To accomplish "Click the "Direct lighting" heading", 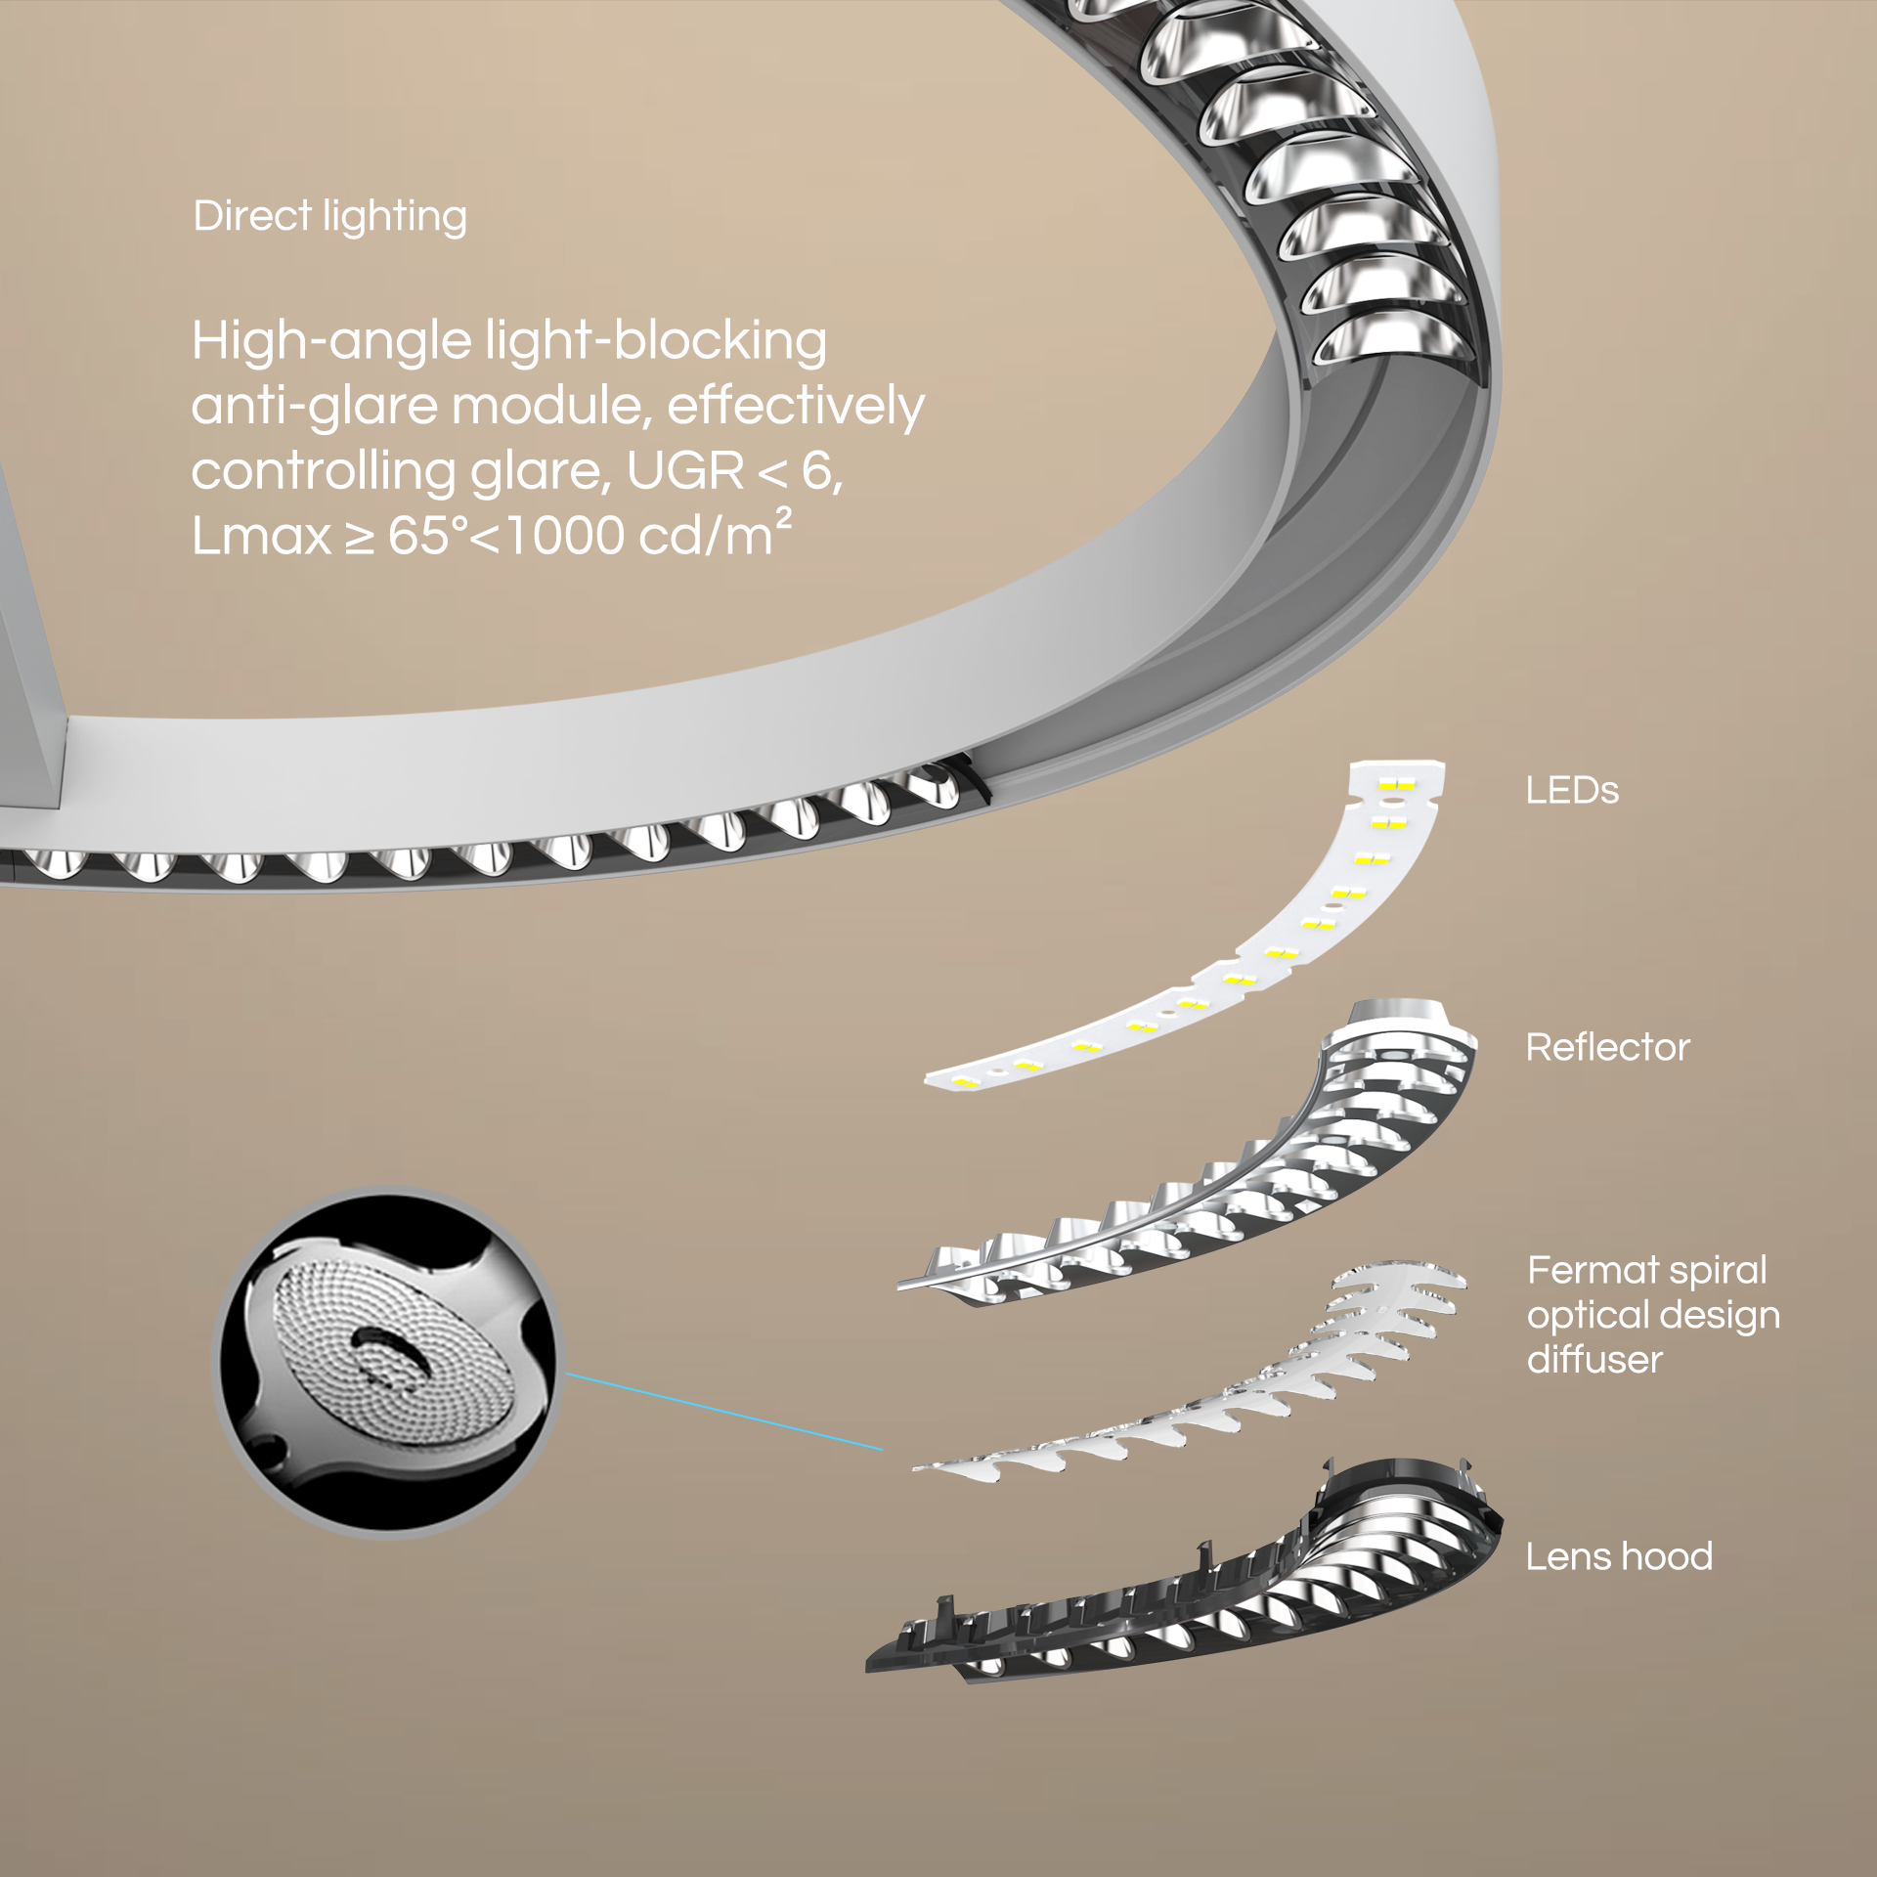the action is (329, 217).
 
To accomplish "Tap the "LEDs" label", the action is (1572, 791).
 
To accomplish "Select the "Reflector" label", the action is (1607, 1047).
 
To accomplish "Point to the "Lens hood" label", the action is (1619, 1556).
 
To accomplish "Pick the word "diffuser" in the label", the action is (1594, 1359).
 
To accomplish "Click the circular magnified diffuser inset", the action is (387, 1363).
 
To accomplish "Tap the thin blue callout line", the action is (724, 1412).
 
